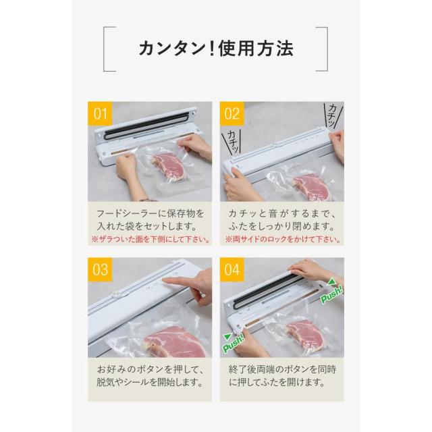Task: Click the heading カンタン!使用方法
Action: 215,48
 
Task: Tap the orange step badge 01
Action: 100,113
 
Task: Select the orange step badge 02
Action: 233,113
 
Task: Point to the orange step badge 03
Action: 100,270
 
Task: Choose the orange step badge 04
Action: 233,270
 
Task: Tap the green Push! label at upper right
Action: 331,291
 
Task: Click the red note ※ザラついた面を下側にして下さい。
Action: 149,240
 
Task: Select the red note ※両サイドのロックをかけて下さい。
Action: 282,240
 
